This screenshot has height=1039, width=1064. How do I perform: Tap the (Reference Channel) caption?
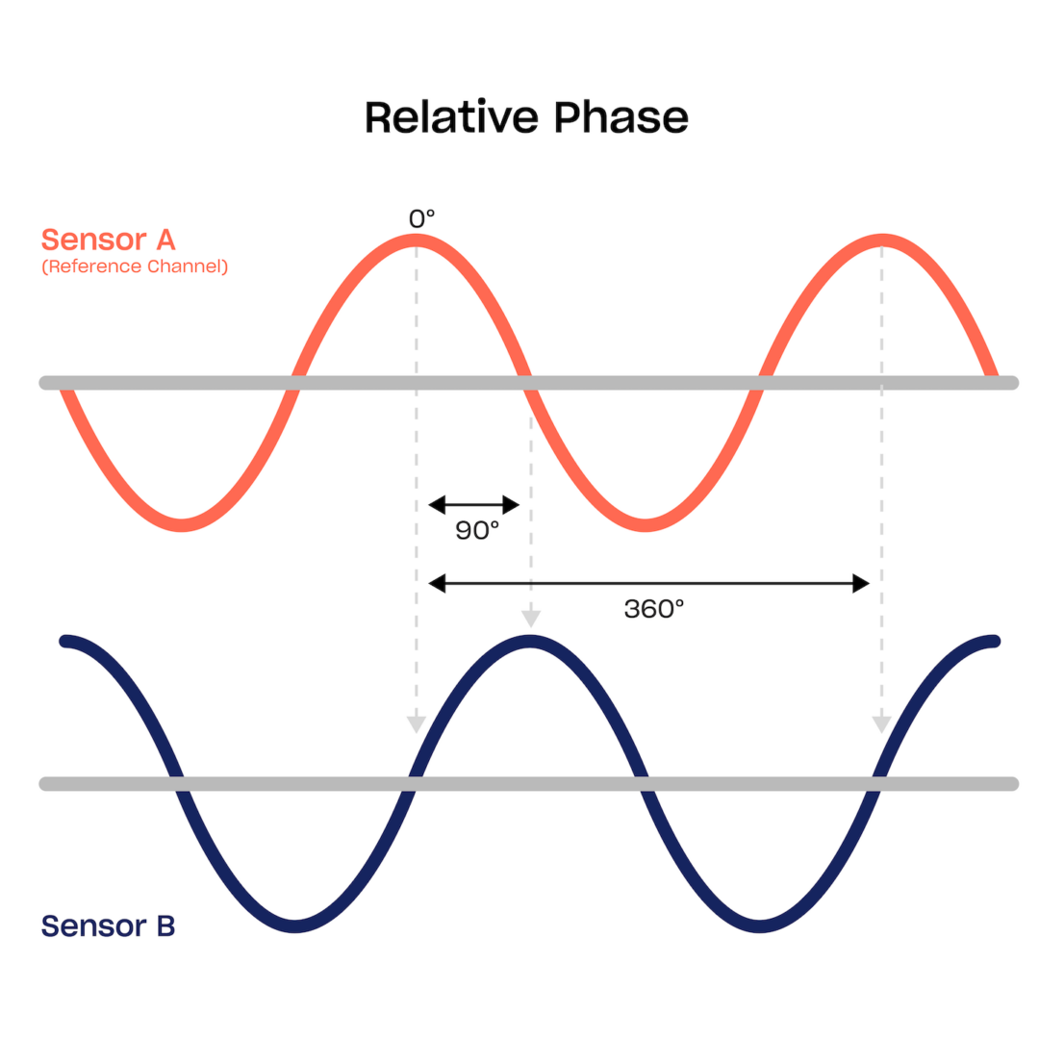tap(135, 266)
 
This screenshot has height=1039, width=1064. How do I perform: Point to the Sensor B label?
tap(108, 926)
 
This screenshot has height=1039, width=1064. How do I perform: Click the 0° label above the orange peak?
tap(421, 219)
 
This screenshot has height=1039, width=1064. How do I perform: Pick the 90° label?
tap(477, 530)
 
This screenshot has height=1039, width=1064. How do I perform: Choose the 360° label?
tap(653, 609)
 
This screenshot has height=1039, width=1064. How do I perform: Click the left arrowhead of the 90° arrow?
tap(436, 504)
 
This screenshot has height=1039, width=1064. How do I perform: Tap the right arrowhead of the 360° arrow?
tap(861, 583)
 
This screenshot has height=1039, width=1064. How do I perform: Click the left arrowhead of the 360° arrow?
tap(436, 583)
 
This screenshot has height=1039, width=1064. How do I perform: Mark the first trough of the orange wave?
tap(181, 524)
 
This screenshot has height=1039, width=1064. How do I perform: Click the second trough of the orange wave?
tap(645, 524)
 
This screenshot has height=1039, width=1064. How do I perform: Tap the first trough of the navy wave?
tap(295, 925)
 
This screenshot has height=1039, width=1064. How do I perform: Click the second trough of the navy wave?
tap(760, 925)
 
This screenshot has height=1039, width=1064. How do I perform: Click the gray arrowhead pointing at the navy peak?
tap(529, 619)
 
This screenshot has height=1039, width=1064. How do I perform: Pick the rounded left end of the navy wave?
tap(65, 641)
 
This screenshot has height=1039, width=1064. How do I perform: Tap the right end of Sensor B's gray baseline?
tap(1012, 783)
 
